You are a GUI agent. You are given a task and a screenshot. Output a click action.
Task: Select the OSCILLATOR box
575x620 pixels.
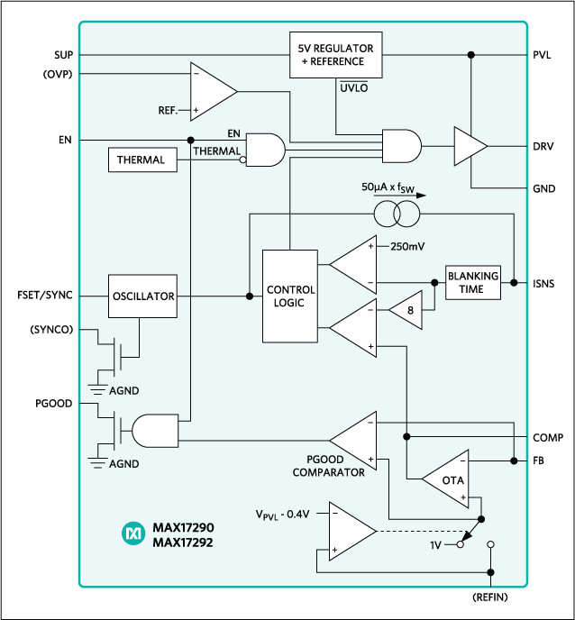142,296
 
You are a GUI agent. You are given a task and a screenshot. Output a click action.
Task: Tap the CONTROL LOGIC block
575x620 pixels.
290,296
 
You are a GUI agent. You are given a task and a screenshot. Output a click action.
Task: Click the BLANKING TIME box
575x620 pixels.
473,282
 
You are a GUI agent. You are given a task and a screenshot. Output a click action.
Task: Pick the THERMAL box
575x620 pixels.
141,160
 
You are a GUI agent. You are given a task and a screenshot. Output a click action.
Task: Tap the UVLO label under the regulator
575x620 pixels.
352,89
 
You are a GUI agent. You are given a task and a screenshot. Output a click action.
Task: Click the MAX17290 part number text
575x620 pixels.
183,526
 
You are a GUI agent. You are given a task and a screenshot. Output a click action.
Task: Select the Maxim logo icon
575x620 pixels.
133,533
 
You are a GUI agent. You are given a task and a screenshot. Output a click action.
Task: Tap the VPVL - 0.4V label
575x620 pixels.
282,515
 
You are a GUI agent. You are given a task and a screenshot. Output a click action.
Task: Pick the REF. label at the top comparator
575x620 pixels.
168,110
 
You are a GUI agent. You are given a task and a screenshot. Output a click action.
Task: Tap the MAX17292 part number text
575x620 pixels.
183,542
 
